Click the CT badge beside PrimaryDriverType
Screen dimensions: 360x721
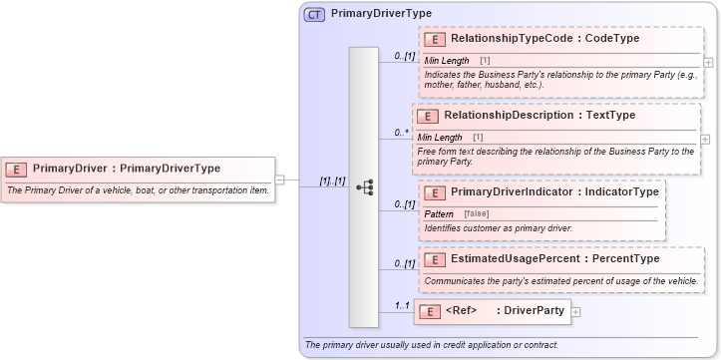click(314, 15)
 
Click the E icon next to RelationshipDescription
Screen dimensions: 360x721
click(428, 116)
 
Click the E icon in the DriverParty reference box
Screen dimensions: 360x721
click(429, 311)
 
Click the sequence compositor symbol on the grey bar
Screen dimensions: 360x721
click(364, 187)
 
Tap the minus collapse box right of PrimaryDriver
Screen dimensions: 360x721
click(280, 180)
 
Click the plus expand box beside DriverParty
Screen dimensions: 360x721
click(575, 312)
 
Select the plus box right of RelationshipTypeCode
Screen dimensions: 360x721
click(708, 61)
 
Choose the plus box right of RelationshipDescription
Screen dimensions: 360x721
click(706, 139)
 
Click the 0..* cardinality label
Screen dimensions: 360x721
click(402, 132)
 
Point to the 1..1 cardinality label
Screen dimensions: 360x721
click(402, 305)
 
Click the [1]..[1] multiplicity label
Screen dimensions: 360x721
click(332, 181)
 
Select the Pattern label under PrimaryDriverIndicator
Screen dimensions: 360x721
click(439, 214)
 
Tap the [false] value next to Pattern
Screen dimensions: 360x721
click(477, 214)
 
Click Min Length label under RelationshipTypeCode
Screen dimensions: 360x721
click(447, 61)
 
